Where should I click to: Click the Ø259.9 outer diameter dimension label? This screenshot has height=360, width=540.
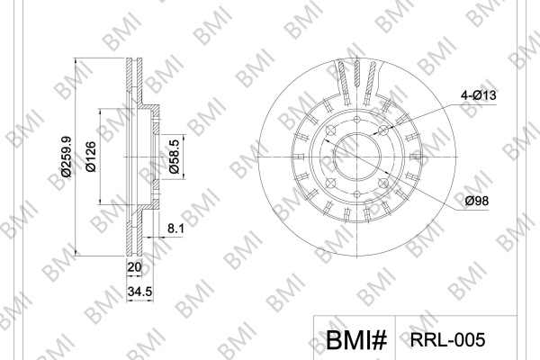pos(66,157)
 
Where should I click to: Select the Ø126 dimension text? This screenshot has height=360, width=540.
pos(91,157)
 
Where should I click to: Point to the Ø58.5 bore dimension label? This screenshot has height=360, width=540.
pos(175,157)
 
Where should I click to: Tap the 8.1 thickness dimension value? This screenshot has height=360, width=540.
pos(175,229)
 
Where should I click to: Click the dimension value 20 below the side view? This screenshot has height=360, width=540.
pos(135,267)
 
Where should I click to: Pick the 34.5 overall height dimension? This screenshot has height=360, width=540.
pos(139,292)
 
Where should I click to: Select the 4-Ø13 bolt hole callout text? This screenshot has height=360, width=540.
pos(479,94)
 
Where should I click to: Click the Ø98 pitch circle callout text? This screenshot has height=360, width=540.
pos(477,201)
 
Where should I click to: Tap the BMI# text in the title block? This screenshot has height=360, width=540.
pos(356,340)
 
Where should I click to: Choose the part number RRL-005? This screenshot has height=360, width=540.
pos(447,340)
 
